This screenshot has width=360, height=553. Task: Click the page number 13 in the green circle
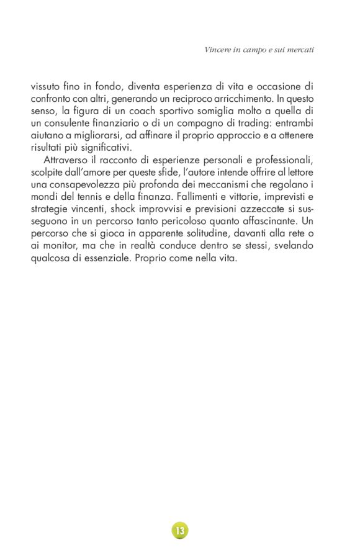pos(180,531)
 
